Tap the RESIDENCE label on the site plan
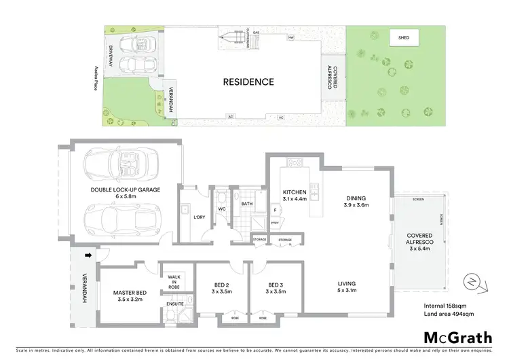(x=248, y=82)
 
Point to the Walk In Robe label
(x=174, y=282)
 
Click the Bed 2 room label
(x=221, y=287)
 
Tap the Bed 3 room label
(x=275, y=287)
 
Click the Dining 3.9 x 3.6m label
(x=356, y=201)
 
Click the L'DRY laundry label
(x=199, y=217)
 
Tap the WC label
(x=221, y=209)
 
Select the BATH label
(x=246, y=202)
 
